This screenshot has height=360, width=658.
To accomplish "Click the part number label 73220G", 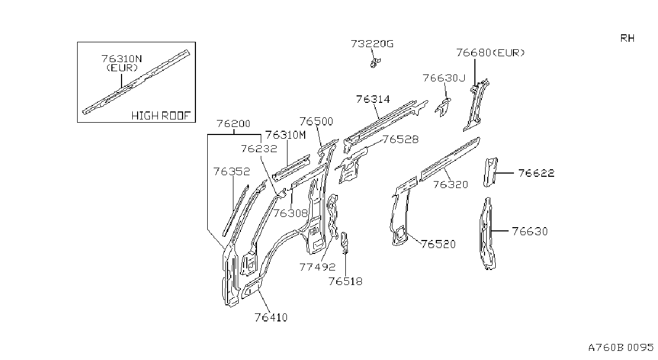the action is click(372, 44).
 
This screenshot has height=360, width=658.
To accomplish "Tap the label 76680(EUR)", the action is click(490, 53).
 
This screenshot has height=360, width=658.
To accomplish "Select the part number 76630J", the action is click(444, 78).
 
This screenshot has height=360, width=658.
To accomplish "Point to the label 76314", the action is click(373, 99).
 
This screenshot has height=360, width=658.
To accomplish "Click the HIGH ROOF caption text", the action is click(161, 116).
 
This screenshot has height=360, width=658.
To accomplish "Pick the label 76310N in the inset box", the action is click(122, 59).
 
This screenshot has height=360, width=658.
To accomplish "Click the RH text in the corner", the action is click(627, 38).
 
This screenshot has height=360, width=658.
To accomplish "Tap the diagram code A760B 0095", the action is click(621, 348).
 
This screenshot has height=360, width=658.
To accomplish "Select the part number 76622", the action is click(536, 173).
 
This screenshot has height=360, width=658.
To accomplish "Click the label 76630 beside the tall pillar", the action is click(530, 231).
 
